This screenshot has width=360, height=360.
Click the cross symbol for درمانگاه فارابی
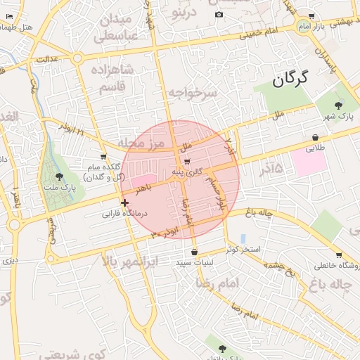pyautogui.click(x=124, y=202)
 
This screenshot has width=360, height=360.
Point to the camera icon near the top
pyautogui.click(x=219, y=15)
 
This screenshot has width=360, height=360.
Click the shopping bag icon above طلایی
pyautogui.click(x=315, y=138)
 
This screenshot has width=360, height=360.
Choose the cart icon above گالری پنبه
pyautogui.click(x=186, y=162)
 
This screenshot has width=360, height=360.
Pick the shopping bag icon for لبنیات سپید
pyautogui.click(x=194, y=252)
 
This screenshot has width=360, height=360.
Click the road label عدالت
pyautogui.click(x=46, y=59)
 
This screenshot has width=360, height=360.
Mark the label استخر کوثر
pyautogui.click(x=243, y=250)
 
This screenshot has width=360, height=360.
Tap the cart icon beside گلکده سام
pyautogui.click(x=104, y=157)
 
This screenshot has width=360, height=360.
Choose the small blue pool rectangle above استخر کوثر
pyautogui.click(x=243, y=238)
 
